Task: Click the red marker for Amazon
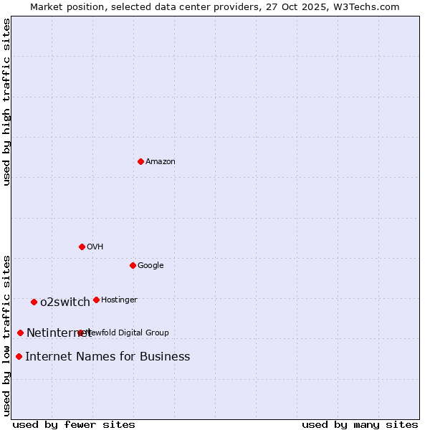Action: (140, 161)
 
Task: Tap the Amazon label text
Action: (161, 162)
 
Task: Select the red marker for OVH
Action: (82, 247)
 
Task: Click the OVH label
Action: (95, 247)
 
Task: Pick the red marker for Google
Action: (133, 265)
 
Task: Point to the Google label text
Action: (150, 266)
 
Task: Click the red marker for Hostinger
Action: (96, 300)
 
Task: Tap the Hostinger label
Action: (119, 300)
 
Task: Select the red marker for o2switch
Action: (34, 302)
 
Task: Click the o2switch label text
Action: (65, 302)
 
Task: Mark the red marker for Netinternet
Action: (20, 333)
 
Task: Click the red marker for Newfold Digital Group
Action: (80, 333)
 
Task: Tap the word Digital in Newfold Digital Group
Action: (130, 333)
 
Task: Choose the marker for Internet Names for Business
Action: (19, 356)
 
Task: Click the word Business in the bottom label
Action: (165, 357)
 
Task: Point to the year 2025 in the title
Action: (313, 7)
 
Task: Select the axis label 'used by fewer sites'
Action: (74, 424)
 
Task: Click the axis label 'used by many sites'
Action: (360, 424)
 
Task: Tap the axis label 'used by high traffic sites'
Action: (7, 102)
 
